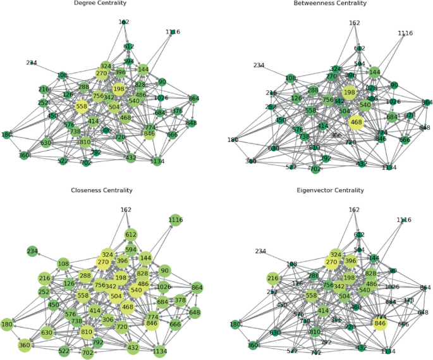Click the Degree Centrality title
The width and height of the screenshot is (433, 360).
coord(100,4)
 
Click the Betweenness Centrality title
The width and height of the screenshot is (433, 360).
coord(330,4)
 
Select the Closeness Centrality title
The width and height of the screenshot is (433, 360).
coord(100,190)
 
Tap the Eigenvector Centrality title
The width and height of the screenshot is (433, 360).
coord(330,190)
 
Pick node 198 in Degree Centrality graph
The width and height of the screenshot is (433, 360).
coord(119,89)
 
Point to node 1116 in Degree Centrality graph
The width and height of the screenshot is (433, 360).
coord(173,32)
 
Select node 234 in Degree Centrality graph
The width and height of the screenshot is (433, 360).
coord(32,63)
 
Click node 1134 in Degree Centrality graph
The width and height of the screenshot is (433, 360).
coord(158,161)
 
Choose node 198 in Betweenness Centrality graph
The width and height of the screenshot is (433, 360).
coord(349,93)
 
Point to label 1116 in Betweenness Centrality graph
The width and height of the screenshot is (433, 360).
coord(405,34)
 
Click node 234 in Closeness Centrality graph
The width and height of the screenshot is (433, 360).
coord(32,251)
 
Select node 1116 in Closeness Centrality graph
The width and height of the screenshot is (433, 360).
coord(175,220)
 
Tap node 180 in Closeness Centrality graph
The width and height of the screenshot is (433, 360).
coord(7,325)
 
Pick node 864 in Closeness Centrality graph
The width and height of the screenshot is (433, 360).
coord(197,287)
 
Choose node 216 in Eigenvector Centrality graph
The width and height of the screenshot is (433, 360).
coord(273,278)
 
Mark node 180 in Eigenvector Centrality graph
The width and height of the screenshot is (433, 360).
coord(235,325)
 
